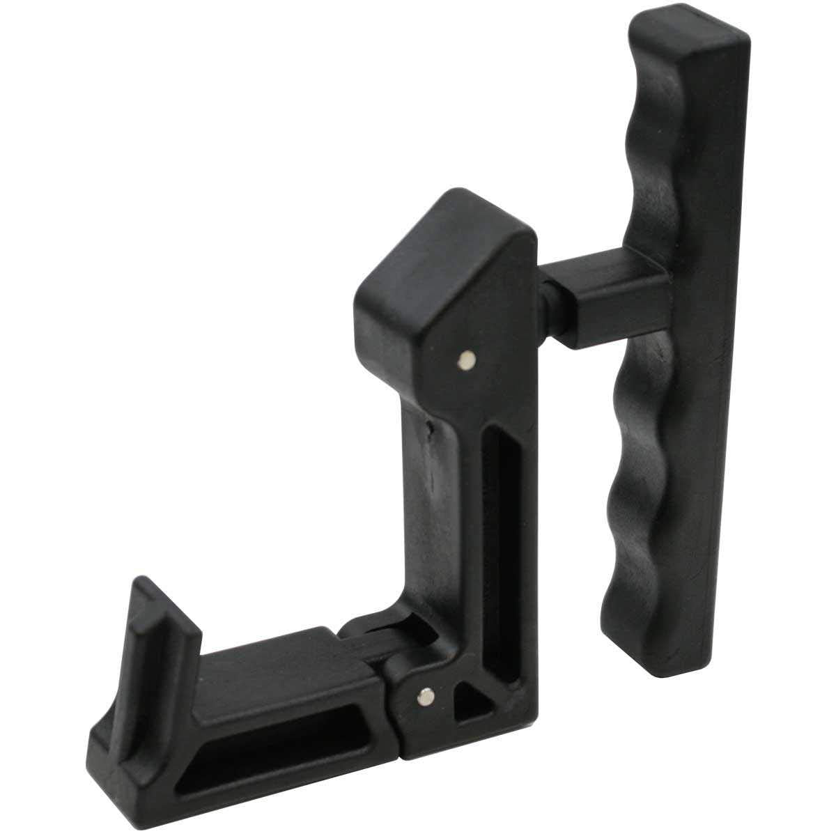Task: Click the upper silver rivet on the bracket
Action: point(466,360)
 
